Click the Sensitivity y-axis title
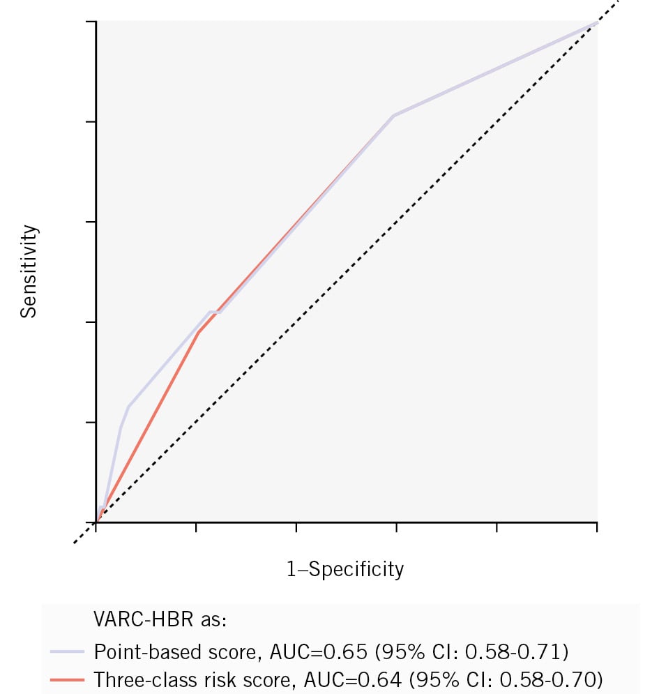[28, 271]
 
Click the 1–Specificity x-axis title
[345, 569]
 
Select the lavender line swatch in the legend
[67, 651]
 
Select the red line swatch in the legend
[67, 678]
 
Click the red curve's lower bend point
[198, 332]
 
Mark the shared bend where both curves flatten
[394, 115]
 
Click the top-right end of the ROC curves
[596, 22]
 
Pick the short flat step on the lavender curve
[215, 312]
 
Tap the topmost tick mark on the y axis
[91, 22]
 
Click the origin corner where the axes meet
[96, 522]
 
